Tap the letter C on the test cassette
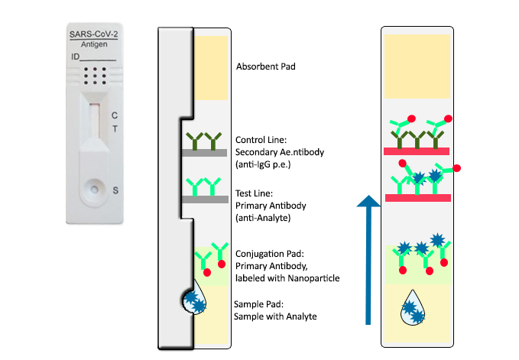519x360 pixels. (x=115, y=115)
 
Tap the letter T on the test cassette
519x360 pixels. (x=115, y=129)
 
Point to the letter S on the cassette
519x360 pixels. (x=115, y=190)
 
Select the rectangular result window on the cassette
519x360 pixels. (x=94, y=121)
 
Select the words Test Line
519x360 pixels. (x=253, y=193)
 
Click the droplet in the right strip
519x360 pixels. (x=415, y=307)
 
